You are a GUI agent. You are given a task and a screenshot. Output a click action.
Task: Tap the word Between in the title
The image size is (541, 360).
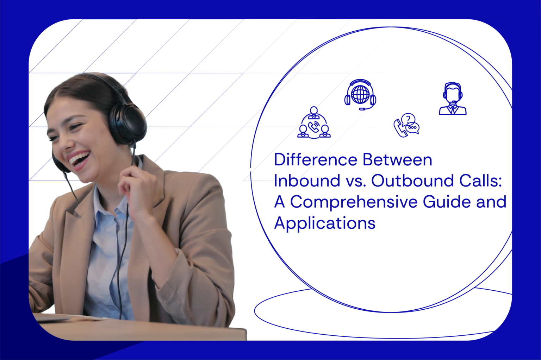tap(397, 160)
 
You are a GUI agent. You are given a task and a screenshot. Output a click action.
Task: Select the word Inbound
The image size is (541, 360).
tap(307, 181)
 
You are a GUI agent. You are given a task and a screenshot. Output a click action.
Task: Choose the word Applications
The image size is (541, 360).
tap(325, 223)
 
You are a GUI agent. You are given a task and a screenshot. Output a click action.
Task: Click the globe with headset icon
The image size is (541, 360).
tap(360, 94)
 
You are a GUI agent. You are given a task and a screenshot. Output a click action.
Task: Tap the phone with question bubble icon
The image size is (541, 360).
tap(406, 125)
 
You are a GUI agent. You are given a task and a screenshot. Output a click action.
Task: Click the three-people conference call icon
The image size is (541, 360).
tap(314, 123)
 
